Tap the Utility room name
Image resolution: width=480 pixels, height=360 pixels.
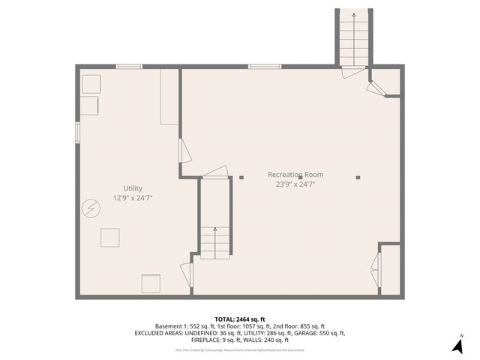coord(133,188)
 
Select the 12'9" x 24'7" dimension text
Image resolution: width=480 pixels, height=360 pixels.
coord(133,198)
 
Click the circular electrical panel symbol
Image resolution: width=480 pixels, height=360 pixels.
coord(91,206)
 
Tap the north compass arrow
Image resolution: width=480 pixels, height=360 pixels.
coord(457,346)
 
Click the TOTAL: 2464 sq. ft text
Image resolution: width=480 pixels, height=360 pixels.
coord(240,319)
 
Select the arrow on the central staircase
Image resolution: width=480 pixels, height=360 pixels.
coord(215,233)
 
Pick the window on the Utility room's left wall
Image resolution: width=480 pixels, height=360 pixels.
coord(77,132)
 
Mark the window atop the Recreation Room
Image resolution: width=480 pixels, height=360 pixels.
coord(265,67)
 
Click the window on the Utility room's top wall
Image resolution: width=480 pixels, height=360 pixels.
coord(129,67)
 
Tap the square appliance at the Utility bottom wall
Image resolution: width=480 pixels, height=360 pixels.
coord(151,283)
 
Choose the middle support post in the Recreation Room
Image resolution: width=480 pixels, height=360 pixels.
coord(300,178)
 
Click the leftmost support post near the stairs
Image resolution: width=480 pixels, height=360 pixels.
coord(241,178)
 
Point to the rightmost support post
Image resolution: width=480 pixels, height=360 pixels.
coord(358,178)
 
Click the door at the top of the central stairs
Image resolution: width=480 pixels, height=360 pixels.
coord(215,173)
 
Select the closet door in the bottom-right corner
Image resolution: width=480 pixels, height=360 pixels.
coord(376,269)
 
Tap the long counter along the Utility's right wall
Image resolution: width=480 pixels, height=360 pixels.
coord(169,97)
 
